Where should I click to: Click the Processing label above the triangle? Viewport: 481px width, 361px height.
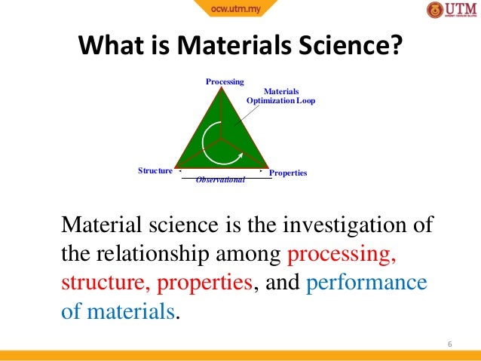pos(225,81)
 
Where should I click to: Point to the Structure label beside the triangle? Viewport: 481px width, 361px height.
pos(155,171)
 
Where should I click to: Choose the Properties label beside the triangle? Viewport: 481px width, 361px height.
pos(288,173)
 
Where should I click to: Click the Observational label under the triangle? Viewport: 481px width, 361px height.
pos(221,181)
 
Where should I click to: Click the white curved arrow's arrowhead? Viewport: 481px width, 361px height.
pos(239,155)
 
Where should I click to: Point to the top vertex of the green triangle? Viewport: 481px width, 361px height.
pos(222,88)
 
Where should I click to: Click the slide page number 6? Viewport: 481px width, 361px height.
pos(449,344)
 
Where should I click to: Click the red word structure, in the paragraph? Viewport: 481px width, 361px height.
pos(103,283)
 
